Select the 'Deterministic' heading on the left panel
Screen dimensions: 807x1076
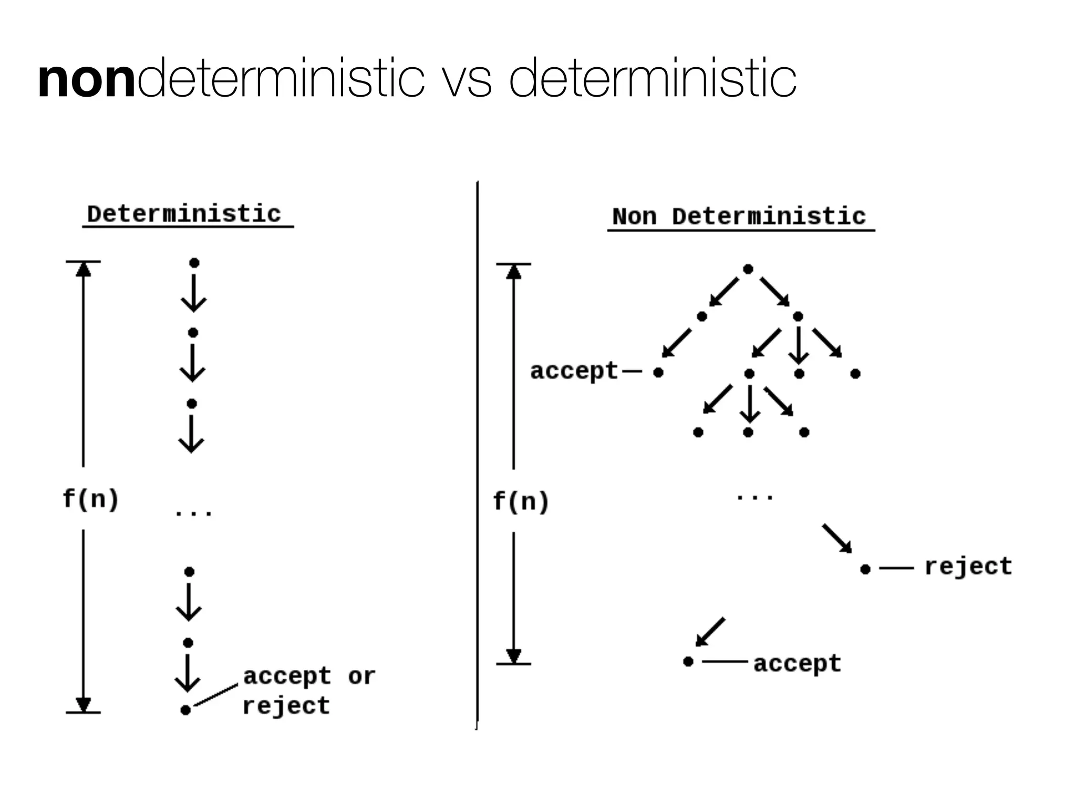coord(184,214)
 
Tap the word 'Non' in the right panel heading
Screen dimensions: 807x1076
coord(634,216)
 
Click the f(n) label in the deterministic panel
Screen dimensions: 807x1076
coord(90,498)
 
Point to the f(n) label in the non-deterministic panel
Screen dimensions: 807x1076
coord(521,501)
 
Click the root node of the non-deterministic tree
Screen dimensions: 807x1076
coord(748,270)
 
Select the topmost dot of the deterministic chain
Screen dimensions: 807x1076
coord(194,263)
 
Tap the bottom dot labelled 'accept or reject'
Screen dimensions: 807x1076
coord(185,710)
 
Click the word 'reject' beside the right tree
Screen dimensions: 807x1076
coord(968,566)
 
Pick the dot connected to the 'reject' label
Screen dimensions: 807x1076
coord(865,569)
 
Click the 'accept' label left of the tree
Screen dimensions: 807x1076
coord(574,371)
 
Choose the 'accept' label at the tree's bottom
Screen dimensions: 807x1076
coord(797,664)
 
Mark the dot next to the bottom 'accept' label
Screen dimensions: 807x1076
coord(688,661)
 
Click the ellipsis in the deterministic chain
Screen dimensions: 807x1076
coord(193,513)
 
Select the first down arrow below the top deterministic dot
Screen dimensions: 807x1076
coord(194,293)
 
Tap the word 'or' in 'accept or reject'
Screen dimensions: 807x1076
coord(361,676)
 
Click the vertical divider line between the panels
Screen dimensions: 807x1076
coord(478,452)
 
